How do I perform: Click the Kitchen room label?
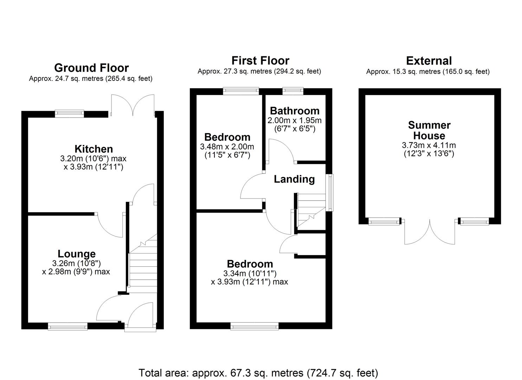click(94, 149)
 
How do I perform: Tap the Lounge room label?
click(77, 254)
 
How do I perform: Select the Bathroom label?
click(295, 111)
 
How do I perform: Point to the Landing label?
click(294, 179)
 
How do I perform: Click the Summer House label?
click(429, 131)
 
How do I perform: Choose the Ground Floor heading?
click(91, 68)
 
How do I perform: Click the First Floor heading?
click(260, 61)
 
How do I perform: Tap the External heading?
click(429, 61)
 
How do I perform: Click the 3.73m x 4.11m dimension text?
click(429, 145)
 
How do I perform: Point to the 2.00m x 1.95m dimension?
click(295, 120)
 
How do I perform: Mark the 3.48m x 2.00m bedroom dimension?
click(227, 147)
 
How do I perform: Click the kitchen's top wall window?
click(69, 114)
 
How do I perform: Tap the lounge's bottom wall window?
click(67, 327)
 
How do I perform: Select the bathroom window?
click(293, 91)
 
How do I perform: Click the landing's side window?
click(330, 193)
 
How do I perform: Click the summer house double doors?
click(430, 232)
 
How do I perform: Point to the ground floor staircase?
click(143, 263)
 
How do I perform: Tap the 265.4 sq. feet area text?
click(129, 78)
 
